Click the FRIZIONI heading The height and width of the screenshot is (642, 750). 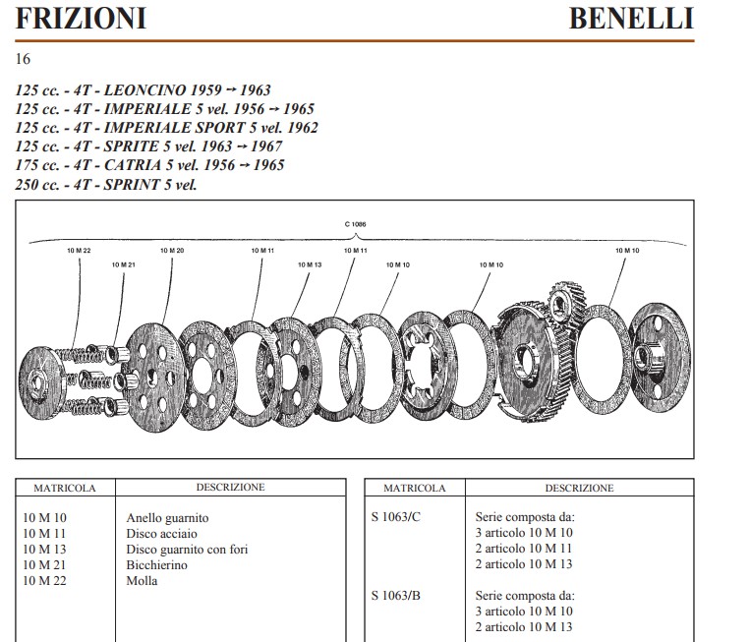coord(81,19)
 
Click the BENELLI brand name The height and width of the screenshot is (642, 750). coord(631,19)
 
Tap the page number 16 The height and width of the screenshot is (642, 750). coord(23,59)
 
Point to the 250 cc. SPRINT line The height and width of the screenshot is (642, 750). coord(106,184)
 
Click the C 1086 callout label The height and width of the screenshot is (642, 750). coord(355,224)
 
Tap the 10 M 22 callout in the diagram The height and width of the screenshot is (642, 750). coord(79,252)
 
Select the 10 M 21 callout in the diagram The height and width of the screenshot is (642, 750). coord(123,264)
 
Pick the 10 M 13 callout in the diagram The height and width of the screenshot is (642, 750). coord(310,264)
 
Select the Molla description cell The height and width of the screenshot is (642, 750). coord(143,581)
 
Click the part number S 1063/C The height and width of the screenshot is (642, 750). coord(398,517)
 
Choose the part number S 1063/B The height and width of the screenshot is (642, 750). coord(398,596)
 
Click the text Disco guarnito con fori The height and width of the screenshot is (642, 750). coord(187,550)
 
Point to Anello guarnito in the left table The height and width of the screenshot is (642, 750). coord(168,518)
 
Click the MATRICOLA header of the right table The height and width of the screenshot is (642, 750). coord(414,488)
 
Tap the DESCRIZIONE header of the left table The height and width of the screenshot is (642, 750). coord(230,487)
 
